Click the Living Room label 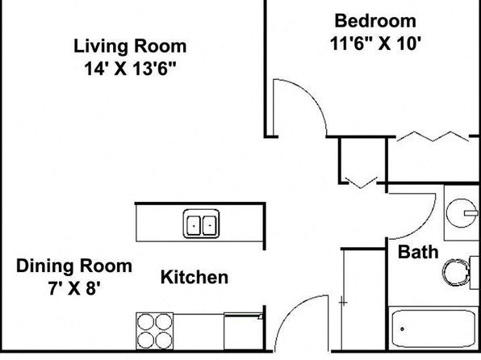pos(130,46)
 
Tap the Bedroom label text pos(375,21)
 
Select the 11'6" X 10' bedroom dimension pos(374,44)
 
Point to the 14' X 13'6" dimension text pos(131,69)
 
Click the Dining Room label pos(74,266)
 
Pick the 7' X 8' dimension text pos(74,288)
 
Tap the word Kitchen pos(194,277)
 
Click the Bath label pos(418,252)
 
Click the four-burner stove pos(155,331)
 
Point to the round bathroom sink pos(462,212)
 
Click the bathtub pos(433,328)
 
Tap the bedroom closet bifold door pos(433,137)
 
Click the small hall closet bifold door pos(361,182)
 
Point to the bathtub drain pos(402,329)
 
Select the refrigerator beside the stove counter pos(243,331)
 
